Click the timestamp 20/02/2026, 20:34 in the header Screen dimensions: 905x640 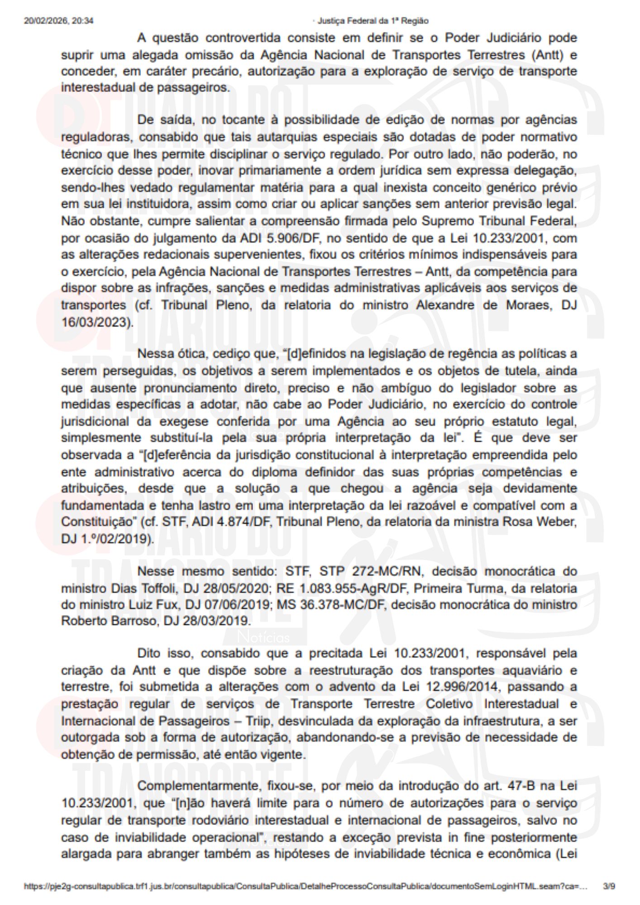click(x=59, y=21)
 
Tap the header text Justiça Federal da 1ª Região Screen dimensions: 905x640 click(x=373, y=21)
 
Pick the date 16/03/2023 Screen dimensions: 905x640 click(x=96, y=322)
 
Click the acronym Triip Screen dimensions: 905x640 click(x=258, y=721)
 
